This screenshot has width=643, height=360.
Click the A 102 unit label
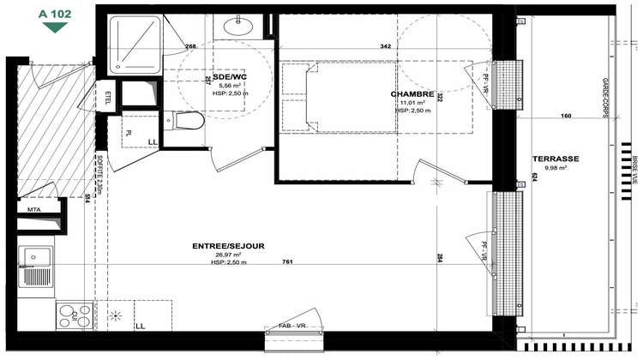54,15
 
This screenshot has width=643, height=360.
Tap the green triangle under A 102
55,27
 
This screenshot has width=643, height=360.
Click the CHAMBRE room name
412,93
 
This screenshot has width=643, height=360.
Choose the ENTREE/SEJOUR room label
228,246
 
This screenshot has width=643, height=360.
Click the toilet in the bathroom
189,123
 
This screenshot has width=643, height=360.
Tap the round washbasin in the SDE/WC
236,27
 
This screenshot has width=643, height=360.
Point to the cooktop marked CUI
74,315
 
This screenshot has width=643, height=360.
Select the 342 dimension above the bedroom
386,46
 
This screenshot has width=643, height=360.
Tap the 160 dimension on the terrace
565,115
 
